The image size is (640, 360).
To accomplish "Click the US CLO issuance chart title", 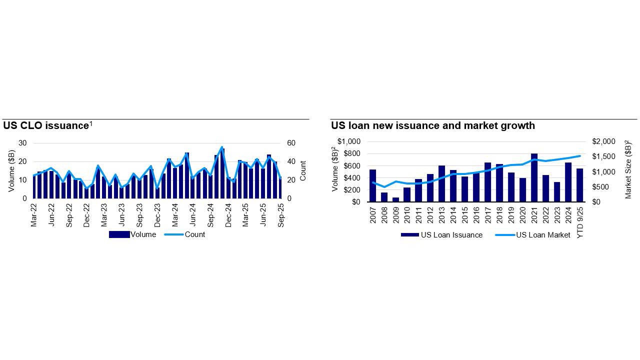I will (46, 126).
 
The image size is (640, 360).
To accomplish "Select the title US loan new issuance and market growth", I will (432, 126).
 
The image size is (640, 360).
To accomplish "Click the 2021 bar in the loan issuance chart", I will (534, 177).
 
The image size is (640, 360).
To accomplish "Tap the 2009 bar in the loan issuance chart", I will (396, 199).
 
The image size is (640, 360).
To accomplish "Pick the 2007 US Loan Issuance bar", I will (372, 185).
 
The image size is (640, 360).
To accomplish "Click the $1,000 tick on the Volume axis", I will (348, 141).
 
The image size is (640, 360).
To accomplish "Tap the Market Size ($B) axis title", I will (628, 170).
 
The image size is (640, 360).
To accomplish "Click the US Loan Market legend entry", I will (542, 235).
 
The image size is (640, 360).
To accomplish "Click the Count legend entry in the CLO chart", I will (194, 234).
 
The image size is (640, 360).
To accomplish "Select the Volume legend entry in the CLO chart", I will (143, 234).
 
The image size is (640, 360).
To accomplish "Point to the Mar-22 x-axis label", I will (34, 215).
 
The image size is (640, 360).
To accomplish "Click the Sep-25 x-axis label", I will (281, 215).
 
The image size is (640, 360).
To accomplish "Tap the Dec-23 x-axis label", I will (157, 215).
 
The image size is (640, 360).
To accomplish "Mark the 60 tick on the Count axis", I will (291, 143).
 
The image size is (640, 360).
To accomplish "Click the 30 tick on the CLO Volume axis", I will (22, 143).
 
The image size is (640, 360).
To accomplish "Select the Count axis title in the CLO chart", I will (303, 170).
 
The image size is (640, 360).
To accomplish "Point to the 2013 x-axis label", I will (442, 213).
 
